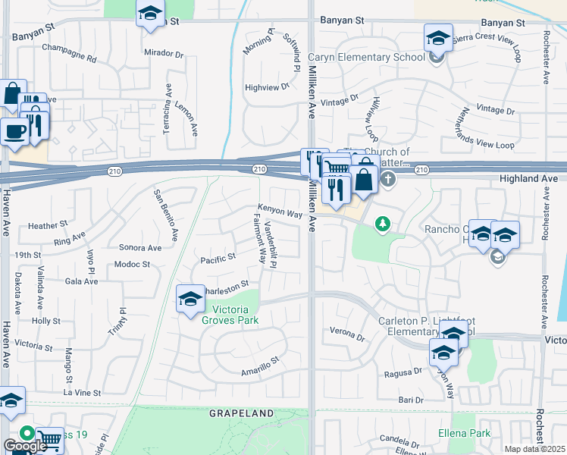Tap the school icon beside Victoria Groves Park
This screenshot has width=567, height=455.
190,298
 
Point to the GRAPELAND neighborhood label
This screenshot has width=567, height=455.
241,413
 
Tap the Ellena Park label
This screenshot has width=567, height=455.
465,434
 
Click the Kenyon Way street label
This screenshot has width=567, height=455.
280,214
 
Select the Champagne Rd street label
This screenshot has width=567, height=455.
70,58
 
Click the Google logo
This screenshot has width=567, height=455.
25,446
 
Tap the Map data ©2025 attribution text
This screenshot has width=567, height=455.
535,449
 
